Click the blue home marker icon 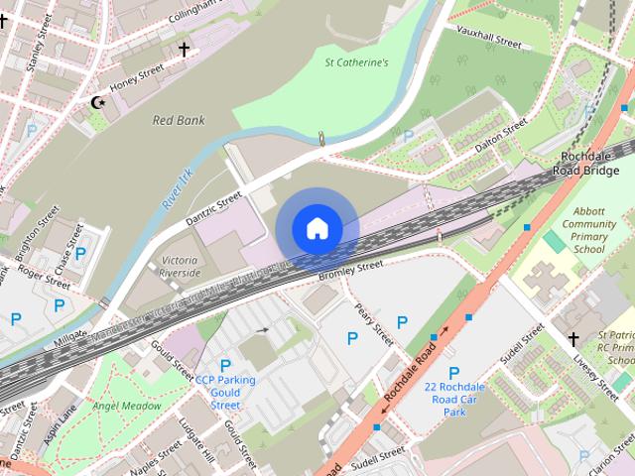click(317, 228)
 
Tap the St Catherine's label click(356, 62)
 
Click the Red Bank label click(178, 120)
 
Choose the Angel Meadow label click(126, 406)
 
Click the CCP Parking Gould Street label click(224, 392)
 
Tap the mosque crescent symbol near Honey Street click(97, 102)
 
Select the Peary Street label click(374, 323)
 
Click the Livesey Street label click(574, 376)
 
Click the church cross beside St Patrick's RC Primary click(572, 339)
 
